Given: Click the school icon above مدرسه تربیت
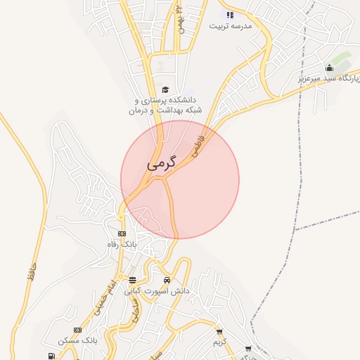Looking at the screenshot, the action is point(229,14).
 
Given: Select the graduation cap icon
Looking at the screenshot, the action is point(165,89).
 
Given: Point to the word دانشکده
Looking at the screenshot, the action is point(179,101).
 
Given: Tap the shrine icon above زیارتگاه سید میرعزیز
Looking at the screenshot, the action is point(329,67).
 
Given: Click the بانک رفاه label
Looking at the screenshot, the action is point(119,243).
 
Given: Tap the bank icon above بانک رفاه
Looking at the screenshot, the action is point(122,233).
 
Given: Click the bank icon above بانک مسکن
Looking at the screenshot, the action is point(77,330).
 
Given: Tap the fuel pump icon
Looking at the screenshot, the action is point(51,356).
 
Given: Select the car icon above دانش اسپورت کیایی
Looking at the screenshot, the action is point(167,281).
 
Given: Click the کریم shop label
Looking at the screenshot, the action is point(221,342).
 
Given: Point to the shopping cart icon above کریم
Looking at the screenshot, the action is point(219,332).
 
